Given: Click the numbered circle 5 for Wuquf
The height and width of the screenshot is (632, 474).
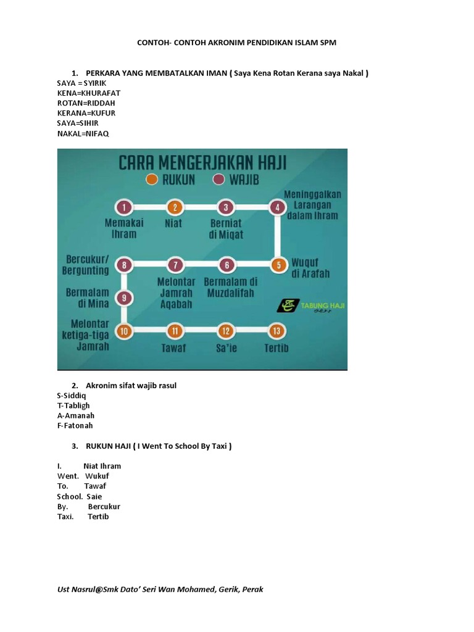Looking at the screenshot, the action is pyautogui.click(x=278, y=265).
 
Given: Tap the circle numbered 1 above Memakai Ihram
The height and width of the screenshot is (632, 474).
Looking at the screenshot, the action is pyautogui.click(x=125, y=207).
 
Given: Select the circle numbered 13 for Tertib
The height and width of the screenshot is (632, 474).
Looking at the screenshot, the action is pyautogui.click(x=277, y=331).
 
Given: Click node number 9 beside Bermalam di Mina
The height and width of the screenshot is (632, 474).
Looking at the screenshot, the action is pyautogui.click(x=125, y=298).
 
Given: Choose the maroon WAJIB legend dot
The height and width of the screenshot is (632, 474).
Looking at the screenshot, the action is pyautogui.click(x=217, y=180).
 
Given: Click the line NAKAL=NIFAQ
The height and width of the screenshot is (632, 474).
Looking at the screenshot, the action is pyautogui.click(x=83, y=133).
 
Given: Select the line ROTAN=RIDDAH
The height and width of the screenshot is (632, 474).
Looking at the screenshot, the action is pyautogui.click(x=86, y=102).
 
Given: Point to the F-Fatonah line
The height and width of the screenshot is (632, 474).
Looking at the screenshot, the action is pyautogui.click(x=75, y=425).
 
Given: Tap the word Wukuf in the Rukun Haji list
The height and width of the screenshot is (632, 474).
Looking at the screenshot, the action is pyautogui.click(x=97, y=476).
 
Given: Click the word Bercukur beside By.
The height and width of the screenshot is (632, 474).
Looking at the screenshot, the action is pyautogui.click(x=104, y=506).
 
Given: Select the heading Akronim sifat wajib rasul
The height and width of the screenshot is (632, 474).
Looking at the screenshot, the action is pyautogui.click(x=131, y=386).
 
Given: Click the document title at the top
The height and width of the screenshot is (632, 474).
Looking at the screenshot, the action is pyautogui.click(x=236, y=43).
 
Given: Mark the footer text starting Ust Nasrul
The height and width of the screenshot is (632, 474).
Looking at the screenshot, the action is pyautogui.click(x=160, y=589).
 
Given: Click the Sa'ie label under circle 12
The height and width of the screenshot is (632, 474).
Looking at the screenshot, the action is pyautogui.click(x=227, y=348).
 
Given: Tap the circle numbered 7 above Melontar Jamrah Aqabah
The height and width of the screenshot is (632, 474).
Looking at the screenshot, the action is pyautogui.click(x=176, y=265).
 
